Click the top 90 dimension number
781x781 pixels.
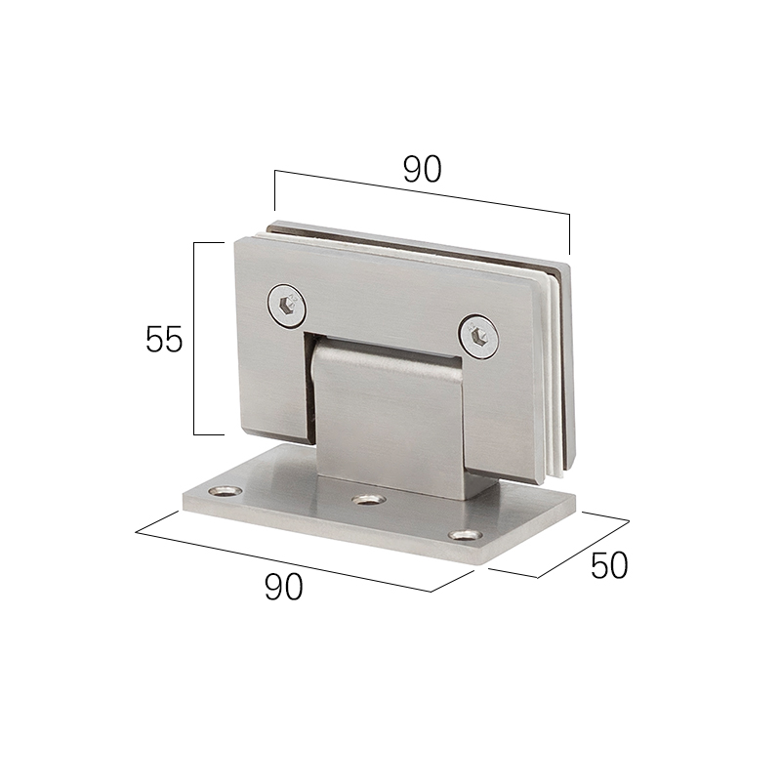pos(422,169)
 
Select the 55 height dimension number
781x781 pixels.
pos(164,339)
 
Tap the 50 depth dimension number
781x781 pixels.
pos(609,565)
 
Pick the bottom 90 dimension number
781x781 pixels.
pos(283,587)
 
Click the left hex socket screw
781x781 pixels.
pos(287,306)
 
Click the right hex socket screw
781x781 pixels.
pos(479,336)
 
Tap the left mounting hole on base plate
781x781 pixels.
pos(225,492)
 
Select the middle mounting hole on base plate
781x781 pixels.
pos(369,499)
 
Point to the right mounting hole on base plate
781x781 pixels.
pos(466,535)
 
